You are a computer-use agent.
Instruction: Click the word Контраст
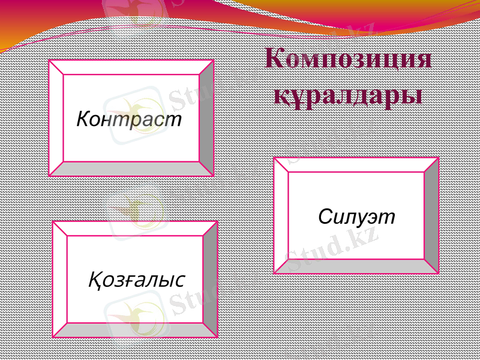(129, 119)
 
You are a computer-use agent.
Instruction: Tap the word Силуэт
(357, 216)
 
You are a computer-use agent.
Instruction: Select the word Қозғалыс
(137, 279)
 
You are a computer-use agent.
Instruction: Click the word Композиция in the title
(348, 61)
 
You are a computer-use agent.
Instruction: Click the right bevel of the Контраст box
(206, 118)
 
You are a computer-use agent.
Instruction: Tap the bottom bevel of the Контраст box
(131, 169)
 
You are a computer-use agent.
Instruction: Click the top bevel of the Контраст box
(131, 67)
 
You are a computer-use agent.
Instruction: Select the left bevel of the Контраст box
(56, 118)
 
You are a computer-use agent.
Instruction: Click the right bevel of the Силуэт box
(431, 216)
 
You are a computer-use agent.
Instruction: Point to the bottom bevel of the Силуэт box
(356, 266)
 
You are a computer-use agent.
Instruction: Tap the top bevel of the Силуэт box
(356, 165)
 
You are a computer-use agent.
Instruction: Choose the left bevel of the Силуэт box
(281, 216)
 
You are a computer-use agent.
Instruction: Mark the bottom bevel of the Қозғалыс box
(135, 331)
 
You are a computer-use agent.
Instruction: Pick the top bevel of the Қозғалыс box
(135, 228)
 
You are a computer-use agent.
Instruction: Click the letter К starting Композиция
(274, 61)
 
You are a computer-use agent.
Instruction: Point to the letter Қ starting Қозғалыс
(94, 280)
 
